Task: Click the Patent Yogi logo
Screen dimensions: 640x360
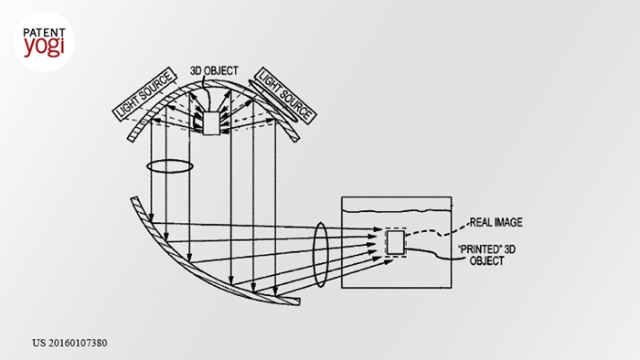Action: (44, 42)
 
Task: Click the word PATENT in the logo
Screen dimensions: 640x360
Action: (44, 33)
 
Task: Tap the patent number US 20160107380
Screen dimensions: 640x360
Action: (69, 343)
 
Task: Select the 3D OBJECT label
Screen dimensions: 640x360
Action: (214, 71)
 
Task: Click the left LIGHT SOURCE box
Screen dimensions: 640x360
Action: (144, 94)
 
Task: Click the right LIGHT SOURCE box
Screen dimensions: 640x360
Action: (285, 95)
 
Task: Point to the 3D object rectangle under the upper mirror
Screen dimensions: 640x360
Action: (211, 123)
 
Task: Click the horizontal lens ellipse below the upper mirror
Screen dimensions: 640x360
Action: (170, 166)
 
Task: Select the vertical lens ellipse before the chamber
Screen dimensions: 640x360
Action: (320, 255)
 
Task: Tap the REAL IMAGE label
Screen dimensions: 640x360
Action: (496, 222)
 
